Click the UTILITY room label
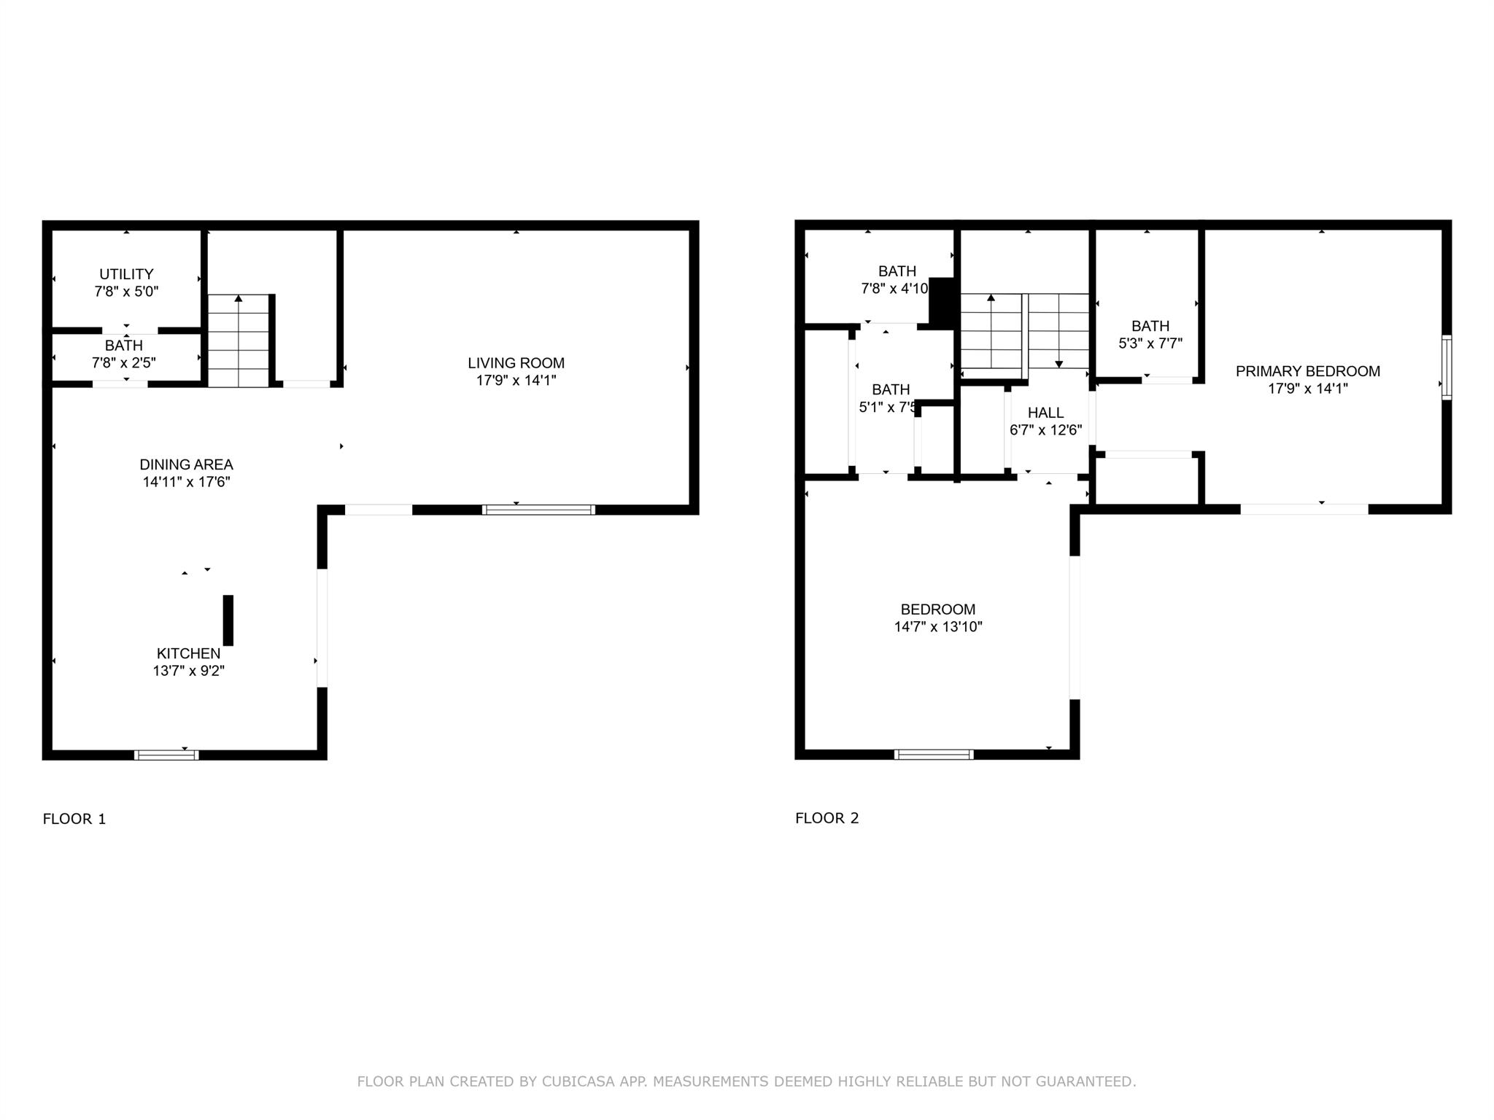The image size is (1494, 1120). (126, 274)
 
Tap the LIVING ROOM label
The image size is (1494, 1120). (516, 363)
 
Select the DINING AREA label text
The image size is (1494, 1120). (186, 464)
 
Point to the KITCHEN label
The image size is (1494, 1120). (188, 653)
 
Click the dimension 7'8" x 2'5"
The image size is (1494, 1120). (124, 362)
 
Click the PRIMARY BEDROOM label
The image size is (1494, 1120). (1307, 371)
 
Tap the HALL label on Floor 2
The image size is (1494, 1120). (1045, 413)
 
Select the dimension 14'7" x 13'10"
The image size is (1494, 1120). (938, 626)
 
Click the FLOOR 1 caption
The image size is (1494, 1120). (74, 819)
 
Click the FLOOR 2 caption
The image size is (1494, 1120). (827, 818)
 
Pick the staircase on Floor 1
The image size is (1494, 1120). (239, 341)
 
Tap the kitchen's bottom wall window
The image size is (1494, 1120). (166, 755)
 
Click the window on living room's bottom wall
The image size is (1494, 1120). (538, 510)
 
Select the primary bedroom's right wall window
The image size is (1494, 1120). (1447, 367)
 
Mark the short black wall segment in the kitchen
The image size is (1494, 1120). (228, 620)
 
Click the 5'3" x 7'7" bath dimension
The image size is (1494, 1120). (1150, 343)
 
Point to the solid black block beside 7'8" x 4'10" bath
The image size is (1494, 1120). (943, 301)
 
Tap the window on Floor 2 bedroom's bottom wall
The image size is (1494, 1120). (934, 755)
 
